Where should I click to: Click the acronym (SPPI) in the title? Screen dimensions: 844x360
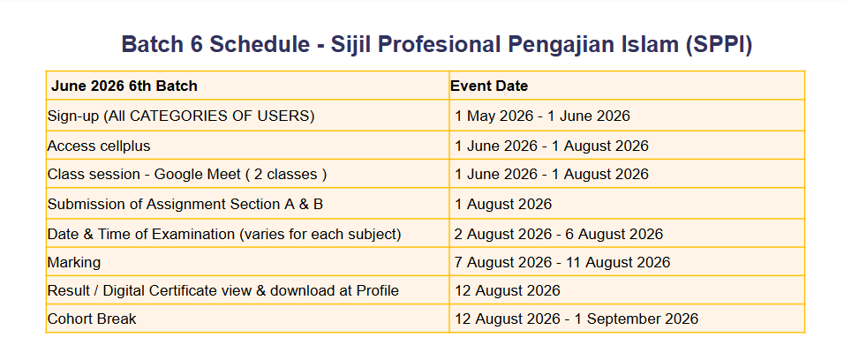click(720, 45)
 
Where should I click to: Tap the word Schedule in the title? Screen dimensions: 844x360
click(260, 44)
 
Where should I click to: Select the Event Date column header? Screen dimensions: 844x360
click(489, 86)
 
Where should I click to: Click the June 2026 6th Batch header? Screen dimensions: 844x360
click(124, 86)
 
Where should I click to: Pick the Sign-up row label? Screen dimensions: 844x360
click(181, 116)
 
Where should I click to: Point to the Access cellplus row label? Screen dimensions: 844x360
click(99, 146)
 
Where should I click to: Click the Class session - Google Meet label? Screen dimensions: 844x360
click(187, 175)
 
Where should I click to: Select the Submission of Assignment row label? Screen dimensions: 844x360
click(185, 204)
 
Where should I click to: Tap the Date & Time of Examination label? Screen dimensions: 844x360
click(224, 235)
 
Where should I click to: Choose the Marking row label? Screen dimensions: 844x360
click(74, 263)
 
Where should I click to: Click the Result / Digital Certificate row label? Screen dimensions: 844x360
click(223, 290)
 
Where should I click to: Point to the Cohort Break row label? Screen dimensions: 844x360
click(92, 319)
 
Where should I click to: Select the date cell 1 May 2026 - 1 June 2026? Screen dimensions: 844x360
click(542, 116)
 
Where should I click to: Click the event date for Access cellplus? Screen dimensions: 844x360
click(552, 146)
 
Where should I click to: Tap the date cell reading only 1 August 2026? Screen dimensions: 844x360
click(503, 204)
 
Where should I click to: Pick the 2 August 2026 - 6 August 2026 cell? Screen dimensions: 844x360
click(559, 235)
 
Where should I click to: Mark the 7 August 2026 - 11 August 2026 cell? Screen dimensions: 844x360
click(562, 263)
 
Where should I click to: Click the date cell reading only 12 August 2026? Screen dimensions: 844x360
click(508, 290)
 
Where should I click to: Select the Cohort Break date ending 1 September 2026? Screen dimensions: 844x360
click(576, 319)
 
